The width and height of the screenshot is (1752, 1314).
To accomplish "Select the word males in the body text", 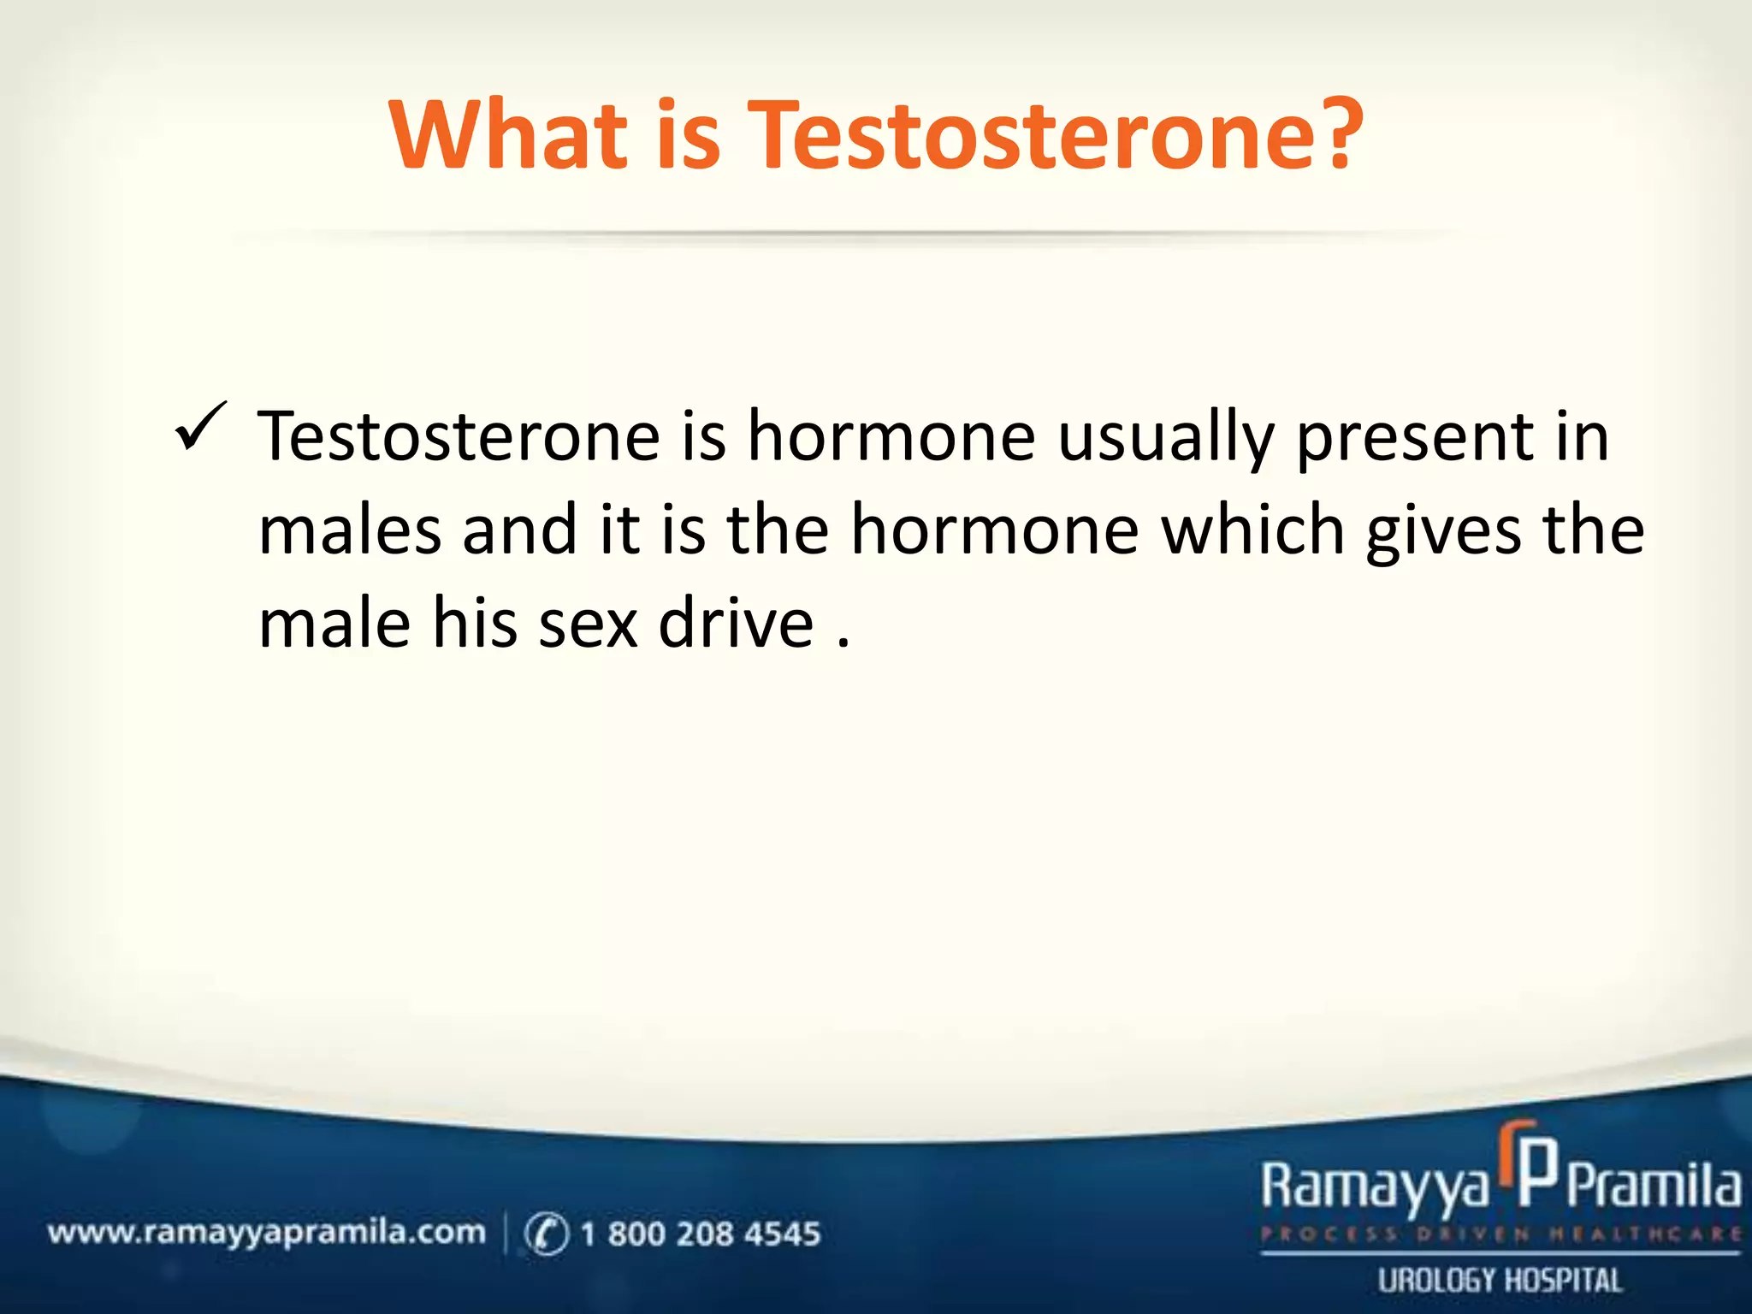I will click(x=350, y=530).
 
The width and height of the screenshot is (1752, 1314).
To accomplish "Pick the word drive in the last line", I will click(x=736, y=624).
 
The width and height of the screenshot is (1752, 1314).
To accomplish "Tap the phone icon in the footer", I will click(x=546, y=1234).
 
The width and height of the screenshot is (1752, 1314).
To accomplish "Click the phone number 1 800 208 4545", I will click(x=700, y=1234).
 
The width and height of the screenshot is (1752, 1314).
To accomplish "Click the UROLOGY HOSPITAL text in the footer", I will click(x=1500, y=1281).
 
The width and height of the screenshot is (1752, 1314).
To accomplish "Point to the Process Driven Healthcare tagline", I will click(x=1500, y=1234).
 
